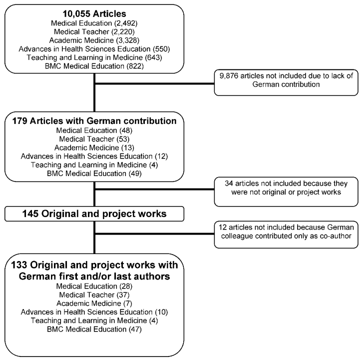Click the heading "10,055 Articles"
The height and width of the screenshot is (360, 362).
[x=94, y=13]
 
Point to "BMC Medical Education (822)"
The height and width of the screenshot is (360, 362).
[x=94, y=66]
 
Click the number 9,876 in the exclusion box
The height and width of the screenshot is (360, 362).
[x=229, y=76]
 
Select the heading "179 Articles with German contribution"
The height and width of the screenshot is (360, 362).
[x=94, y=120]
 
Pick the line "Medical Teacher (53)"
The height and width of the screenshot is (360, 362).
[x=94, y=139]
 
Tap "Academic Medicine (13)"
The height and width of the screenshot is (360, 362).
[x=94, y=147]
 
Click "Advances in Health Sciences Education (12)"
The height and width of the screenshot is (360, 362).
[x=94, y=156]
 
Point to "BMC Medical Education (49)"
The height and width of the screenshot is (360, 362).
[x=94, y=173]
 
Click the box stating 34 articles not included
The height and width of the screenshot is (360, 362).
[x=286, y=191]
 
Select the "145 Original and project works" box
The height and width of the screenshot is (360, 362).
[x=94, y=214]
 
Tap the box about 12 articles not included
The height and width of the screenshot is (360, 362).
[x=286, y=234]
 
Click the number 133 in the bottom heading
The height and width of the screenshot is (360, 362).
[x=19, y=265]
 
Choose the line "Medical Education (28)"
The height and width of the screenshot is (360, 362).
[x=94, y=286]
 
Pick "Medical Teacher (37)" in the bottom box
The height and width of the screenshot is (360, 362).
[x=94, y=295]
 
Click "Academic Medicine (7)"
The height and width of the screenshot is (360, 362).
[x=94, y=303]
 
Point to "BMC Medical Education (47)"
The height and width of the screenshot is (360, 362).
[x=94, y=329]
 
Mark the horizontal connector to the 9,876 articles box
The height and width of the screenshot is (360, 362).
[x=154, y=83]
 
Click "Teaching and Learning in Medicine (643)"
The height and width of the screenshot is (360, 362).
[x=94, y=57]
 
